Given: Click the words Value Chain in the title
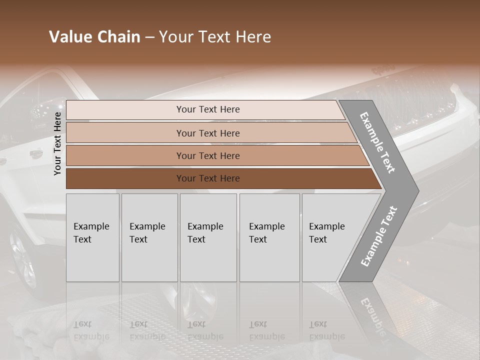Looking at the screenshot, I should tap(94, 37).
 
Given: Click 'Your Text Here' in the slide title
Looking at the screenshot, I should tap(215, 37).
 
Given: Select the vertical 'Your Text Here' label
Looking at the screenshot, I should tap(58, 143).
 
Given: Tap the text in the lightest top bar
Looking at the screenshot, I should tap(208, 109).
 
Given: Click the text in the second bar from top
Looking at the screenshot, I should tap(208, 133).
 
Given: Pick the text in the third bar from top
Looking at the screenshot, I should tap(208, 155).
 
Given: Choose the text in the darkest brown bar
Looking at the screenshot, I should tap(208, 178).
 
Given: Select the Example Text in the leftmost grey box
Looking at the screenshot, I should tap(91, 232).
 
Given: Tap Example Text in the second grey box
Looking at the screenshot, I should tap(147, 232).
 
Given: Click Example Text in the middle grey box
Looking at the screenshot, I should tap(205, 232).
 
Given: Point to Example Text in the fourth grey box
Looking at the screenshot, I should tap(266, 232).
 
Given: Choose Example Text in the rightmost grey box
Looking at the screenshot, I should tap(326, 232).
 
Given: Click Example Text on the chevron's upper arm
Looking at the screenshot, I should tap(378, 143).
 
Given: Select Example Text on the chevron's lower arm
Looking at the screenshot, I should tap(378, 236).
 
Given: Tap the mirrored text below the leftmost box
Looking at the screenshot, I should tap(91, 330).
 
